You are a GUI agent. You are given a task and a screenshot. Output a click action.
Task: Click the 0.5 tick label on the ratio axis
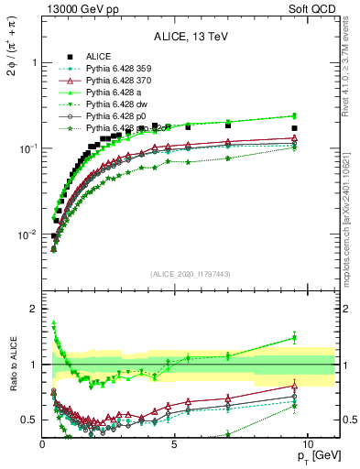[x=28, y=420]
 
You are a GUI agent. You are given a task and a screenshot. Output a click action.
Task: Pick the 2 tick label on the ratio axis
[x=33, y=309]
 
